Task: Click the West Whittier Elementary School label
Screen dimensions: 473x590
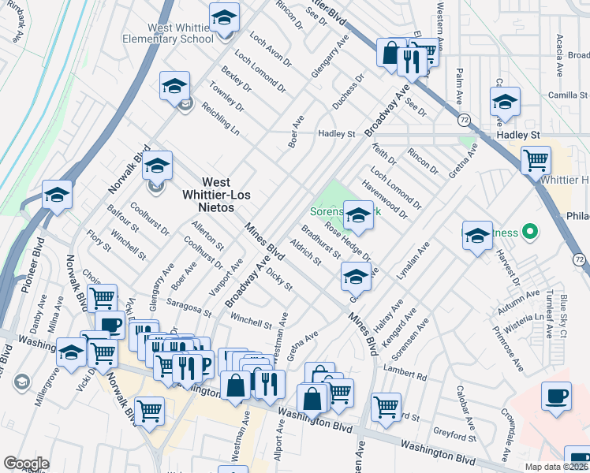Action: coord(168,32)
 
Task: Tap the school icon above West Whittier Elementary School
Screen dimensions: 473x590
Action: coord(224,17)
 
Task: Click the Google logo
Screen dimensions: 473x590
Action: coord(26,464)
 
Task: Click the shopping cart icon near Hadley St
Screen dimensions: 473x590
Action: coord(536,160)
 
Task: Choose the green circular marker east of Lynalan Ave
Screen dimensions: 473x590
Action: coord(530,233)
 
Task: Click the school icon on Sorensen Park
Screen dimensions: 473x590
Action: coord(358,216)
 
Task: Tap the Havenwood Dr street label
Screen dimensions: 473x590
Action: coord(385,199)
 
